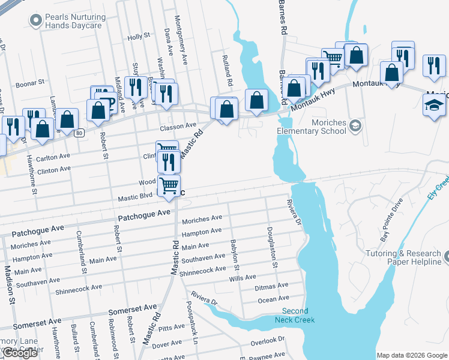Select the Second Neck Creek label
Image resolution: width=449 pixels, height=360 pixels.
[295, 315]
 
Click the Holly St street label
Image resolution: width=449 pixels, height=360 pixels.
[139, 37]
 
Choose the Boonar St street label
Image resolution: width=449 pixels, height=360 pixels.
[30, 83]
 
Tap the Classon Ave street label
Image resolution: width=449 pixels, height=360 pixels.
[178, 126]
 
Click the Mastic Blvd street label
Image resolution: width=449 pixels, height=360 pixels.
[135, 196]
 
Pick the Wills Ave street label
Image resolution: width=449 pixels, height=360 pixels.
[243, 278]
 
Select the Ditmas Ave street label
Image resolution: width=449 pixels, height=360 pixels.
[272, 287]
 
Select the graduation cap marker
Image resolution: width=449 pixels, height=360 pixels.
[434, 106]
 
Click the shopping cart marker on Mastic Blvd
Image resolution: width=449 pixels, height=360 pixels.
[169, 185]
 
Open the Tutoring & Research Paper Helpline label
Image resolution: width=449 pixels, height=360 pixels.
[406, 258]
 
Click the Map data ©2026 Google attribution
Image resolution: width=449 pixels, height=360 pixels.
[411, 355]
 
